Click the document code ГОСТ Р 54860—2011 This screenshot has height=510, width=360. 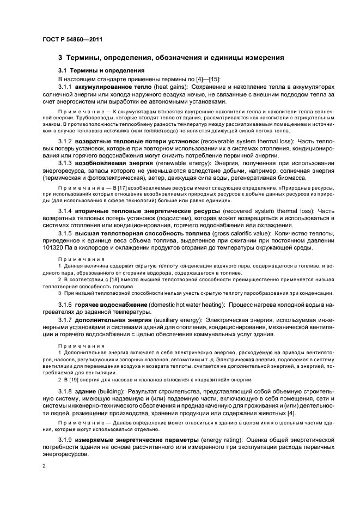pos(72,40)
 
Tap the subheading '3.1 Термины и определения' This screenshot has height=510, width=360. pos(101,71)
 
